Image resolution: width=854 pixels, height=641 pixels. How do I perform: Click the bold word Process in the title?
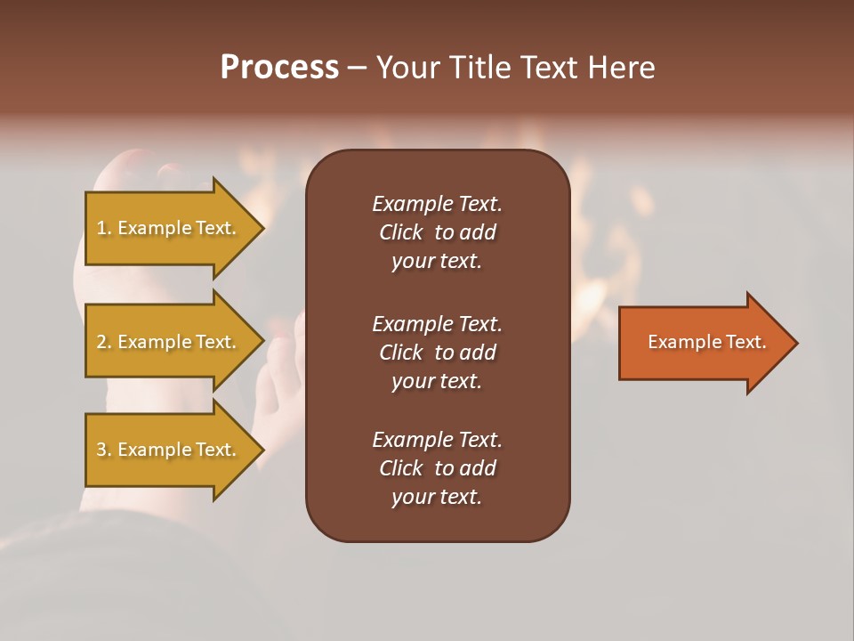coord(279,68)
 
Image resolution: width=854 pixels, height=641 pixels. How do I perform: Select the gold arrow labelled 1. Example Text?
coord(169,228)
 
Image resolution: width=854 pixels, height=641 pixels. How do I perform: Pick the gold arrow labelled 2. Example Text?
coord(169,342)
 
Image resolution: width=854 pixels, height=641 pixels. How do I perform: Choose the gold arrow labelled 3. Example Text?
coord(169,450)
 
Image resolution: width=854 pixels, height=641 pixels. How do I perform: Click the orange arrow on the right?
coord(703,343)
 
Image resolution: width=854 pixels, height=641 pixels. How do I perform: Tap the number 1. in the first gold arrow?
coord(104,228)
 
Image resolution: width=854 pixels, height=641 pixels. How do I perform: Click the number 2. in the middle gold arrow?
coord(104,342)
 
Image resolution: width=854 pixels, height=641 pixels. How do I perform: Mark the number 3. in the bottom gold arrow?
coord(104,450)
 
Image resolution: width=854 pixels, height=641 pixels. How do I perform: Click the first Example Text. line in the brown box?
coord(437,204)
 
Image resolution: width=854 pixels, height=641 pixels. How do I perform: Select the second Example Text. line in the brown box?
coord(437,324)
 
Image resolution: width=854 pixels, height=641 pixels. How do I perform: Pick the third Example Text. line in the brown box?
coord(437,440)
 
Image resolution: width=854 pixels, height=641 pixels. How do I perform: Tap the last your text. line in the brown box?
coord(437,498)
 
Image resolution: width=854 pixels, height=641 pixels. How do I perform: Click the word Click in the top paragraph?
coord(400,233)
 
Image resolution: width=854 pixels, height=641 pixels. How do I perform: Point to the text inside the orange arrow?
coord(706,342)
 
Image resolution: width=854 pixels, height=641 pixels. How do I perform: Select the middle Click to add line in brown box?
coord(437,353)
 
